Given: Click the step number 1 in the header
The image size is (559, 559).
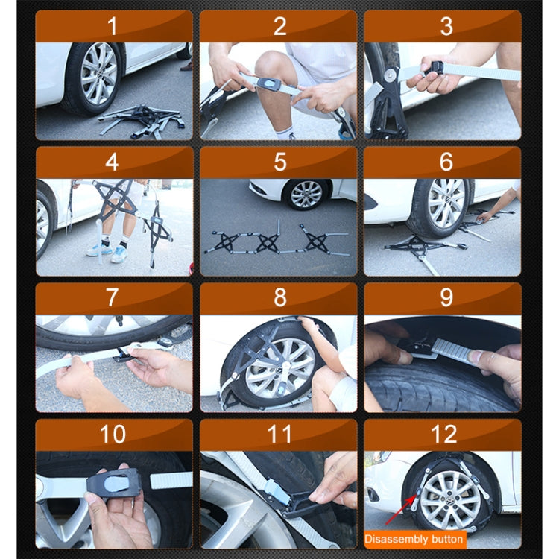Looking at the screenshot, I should pos(113,27).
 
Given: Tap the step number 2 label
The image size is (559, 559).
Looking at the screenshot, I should pos(279,27).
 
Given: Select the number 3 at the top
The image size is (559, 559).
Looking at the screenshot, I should pos(446,27).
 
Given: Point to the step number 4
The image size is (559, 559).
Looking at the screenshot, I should pos(113,162).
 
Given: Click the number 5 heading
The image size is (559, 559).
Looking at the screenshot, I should pos(279,162).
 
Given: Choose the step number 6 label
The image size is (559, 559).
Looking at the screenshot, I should pos(446,162).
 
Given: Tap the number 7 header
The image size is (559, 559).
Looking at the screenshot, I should pos(113,297).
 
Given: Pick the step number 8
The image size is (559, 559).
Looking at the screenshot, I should pos(279,297).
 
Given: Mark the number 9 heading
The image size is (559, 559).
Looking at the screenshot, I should pos(446,297).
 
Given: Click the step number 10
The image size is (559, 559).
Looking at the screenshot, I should pos(113,434).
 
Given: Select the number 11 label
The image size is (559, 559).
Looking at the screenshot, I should pos(279,434).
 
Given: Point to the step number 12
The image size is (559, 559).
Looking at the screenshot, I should pos(446,434).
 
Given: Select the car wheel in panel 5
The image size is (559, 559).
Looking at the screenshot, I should pos(306,195).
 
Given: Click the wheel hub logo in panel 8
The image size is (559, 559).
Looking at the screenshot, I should pos(277,368).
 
